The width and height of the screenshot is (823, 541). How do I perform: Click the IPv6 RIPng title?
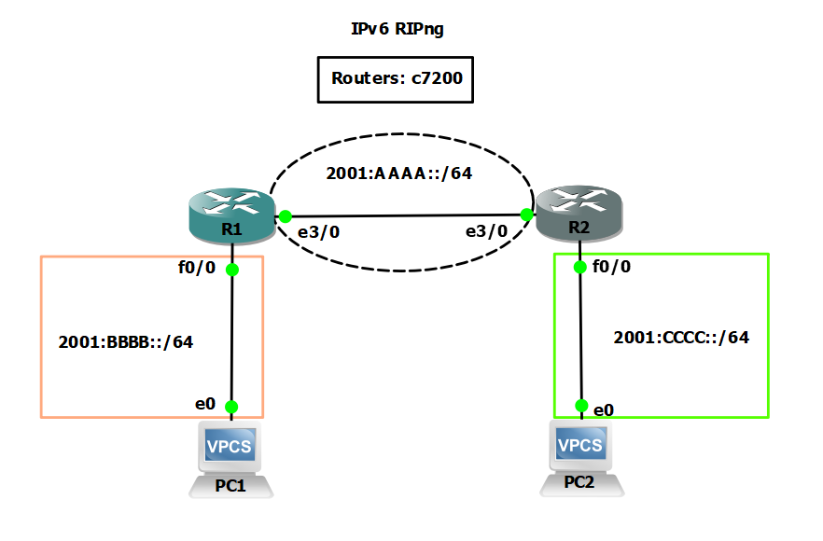pyautogui.click(x=397, y=29)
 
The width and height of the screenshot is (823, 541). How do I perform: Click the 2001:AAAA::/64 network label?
pyautogui.click(x=398, y=174)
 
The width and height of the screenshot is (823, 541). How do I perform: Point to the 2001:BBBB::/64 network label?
pyautogui.click(x=125, y=341)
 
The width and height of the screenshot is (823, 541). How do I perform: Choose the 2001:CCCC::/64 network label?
pyautogui.click(x=681, y=338)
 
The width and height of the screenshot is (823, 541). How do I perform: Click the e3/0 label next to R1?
pyautogui.click(x=317, y=231)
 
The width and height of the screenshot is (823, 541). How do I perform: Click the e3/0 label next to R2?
pyautogui.click(x=487, y=231)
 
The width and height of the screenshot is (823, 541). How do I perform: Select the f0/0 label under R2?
pyautogui.click(x=612, y=267)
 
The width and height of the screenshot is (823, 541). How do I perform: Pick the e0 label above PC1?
pyautogui.click(x=205, y=404)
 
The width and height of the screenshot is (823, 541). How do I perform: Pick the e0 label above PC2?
pyautogui.click(x=605, y=409)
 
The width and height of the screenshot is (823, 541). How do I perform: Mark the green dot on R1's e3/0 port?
pyautogui.click(x=285, y=216)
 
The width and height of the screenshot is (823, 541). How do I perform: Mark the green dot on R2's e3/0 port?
pyautogui.click(x=526, y=215)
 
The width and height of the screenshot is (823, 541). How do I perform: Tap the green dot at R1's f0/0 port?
pyautogui.click(x=231, y=270)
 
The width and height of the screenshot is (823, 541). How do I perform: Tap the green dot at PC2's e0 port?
pyautogui.click(x=581, y=406)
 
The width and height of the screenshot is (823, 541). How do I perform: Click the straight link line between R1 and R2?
pyautogui.click(x=406, y=215)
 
